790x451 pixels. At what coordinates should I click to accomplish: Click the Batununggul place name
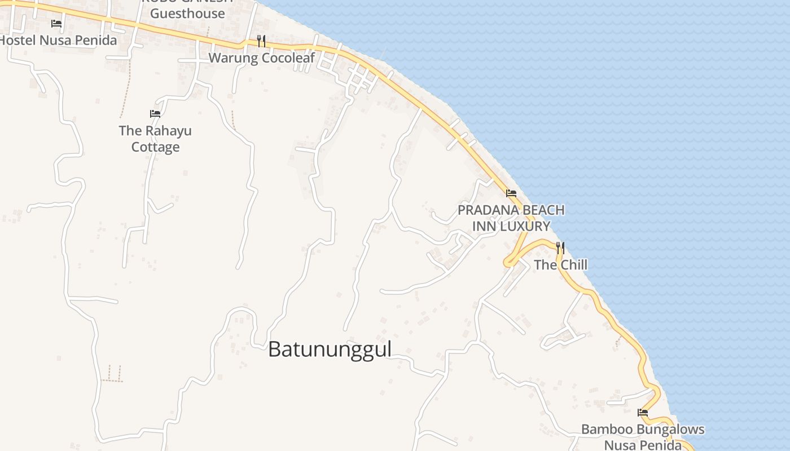pyautogui.click(x=330, y=349)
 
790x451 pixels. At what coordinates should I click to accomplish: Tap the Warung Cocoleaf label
pyautogui.click(x=262, y=58)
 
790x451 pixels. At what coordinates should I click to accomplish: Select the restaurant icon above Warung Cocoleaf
pyautogui.click(x=261, y=41)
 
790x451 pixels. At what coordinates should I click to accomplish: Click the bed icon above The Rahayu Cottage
pyautogui.click(x=155, y=114)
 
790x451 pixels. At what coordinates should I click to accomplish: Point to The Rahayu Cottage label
pyautogui.click(x=155, y=139)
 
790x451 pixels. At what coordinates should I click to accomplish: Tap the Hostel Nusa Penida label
pyautogui.click(x=58, y=40)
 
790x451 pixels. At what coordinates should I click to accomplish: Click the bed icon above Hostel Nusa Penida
pyautogui.click(x=56, y=24)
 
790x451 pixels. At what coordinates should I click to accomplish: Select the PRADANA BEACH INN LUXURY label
pyautogui.click(x=511, y=218)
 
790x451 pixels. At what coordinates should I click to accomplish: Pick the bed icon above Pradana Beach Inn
pyautogui.click(x=511, y=193)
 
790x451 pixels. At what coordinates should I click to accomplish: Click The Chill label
pyautogui.click(x=560, y=264)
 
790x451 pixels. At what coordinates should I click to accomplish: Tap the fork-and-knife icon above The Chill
pyautogui.click(x=560, y=247)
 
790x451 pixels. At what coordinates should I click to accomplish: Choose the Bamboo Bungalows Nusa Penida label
pyautogui.click(x=643, y=437)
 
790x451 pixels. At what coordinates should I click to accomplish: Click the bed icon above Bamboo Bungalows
pyautogui.click(x=643, y=412)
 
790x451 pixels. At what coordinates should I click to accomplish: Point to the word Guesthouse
pyautogui.click(x=187, y=14)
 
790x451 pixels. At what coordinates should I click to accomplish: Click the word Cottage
pyautogui.click(x=155, y=147)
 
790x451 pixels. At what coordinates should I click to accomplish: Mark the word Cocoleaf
pyautogui.click(x=287, y=58)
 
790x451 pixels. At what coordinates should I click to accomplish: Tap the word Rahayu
pyautogui.click(x=168, y=131)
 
